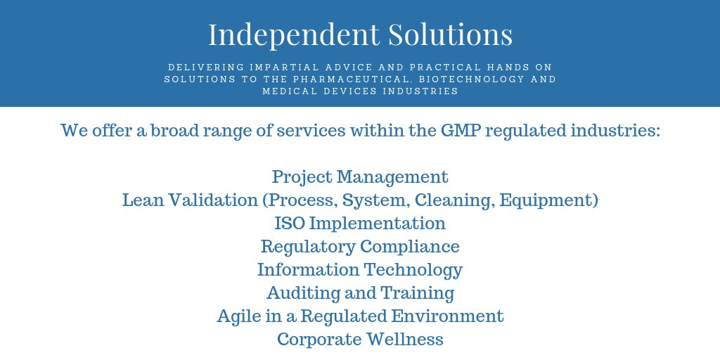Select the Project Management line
click(360, 176)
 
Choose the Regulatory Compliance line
click(360, 247)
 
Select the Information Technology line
click(360, 270)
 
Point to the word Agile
click(239, 316)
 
